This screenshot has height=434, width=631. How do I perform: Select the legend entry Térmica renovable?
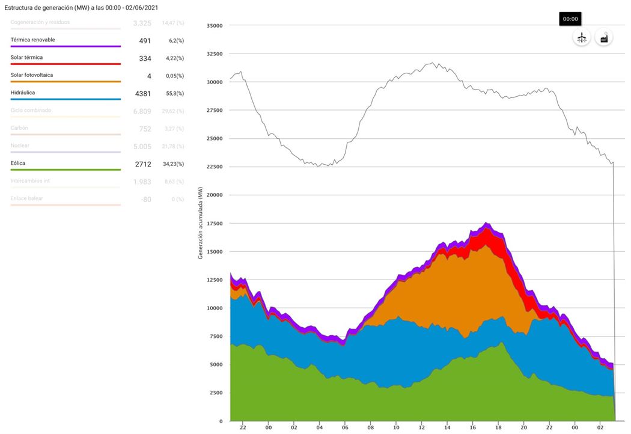click(33, 40)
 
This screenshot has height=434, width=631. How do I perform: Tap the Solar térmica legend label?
click(26, 58)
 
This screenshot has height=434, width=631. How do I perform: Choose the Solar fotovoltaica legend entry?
click(31, 75)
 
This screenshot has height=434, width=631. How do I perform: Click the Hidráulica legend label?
click(23, 93)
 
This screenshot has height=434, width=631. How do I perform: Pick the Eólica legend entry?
click(18, 163)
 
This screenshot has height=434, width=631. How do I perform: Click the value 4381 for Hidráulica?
click(143, 93)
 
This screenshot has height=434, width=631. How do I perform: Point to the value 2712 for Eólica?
click(143, 164)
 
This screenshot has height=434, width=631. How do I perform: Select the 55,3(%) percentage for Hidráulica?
click(175, 93)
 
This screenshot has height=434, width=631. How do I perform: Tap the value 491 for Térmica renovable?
click(145, 40)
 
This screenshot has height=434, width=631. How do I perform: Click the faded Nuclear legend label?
click(20, 145)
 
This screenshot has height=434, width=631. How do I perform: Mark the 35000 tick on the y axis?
click(215, 26)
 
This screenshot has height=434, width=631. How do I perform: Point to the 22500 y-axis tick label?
click(215, 167)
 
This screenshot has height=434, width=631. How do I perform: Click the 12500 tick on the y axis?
click(215, 280)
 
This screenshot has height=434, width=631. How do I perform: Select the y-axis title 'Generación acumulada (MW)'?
click(201, 223)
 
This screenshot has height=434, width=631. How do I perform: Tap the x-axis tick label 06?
click(345, 427)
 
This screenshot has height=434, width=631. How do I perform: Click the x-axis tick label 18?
click(499, 427)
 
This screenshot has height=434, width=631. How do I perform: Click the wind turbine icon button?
click(581, 37)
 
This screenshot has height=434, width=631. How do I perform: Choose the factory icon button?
click(604, 37)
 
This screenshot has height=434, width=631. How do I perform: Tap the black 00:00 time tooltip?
click(570, 19)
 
